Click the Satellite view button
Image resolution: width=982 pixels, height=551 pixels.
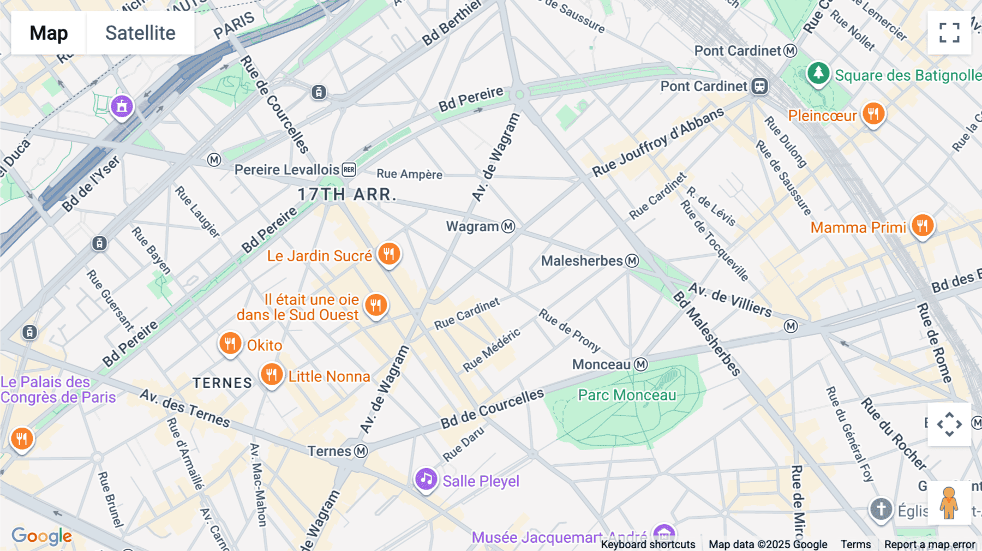coord(140,33)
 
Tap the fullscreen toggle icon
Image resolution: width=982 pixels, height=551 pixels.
coord(949,33)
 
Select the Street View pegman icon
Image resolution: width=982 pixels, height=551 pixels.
coord(949,502)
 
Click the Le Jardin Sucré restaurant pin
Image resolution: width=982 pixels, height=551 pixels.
coord(389,254)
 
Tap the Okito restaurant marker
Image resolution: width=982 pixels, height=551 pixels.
coord(230,344)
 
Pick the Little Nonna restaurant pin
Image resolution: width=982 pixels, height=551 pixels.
coord(271,375)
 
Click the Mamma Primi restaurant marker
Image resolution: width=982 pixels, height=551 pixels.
coord(923,225)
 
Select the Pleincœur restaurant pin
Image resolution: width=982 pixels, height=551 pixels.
coord(873,114)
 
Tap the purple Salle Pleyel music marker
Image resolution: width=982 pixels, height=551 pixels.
coord(426,480)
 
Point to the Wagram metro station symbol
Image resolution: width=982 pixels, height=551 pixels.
coord(508,226)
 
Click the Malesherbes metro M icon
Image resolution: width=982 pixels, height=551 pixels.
coord(632,261)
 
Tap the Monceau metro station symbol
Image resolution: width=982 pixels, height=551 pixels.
coord(641,364)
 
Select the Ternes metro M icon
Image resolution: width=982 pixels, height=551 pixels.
coord(361,451)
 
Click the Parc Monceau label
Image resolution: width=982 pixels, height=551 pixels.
coord(627,395)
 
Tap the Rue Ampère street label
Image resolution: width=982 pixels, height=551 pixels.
coord(409,174)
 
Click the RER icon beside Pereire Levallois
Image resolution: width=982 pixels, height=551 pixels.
coord(349,170)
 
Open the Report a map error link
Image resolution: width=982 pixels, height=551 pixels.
coord(930,544)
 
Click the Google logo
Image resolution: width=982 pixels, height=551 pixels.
coord(41,536)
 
